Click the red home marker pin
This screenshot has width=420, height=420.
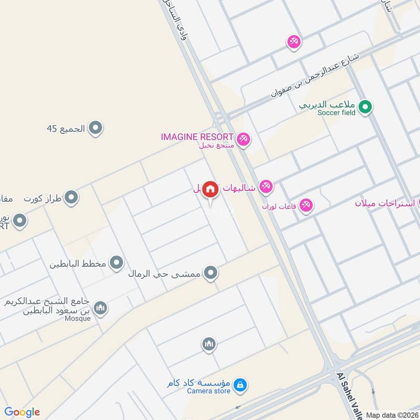point(210,190)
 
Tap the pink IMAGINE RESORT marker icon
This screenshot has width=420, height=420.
point(243,139)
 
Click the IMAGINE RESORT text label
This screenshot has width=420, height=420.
point(197,137)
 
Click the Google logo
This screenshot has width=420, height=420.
point(22,412)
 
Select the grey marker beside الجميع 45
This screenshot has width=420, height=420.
point(95,128)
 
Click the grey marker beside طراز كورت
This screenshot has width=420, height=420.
point(72,198)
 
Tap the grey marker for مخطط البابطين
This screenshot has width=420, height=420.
point(117,262)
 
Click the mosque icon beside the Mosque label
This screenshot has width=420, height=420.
point(100,308)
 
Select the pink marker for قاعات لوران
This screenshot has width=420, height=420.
point(306,205)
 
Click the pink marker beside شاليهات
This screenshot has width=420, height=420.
point(266,186)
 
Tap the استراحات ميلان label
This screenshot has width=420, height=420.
point(386,203)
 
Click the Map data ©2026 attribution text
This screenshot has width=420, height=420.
point(392,415)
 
